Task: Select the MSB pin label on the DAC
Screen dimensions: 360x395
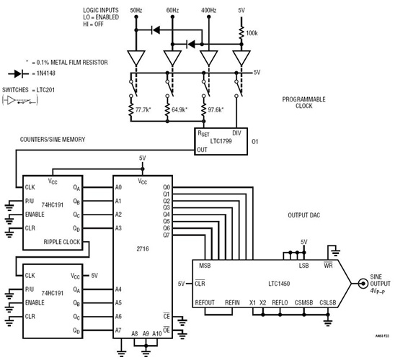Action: (x=205, y=265)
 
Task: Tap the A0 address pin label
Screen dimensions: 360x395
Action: (x=118, y=187)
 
